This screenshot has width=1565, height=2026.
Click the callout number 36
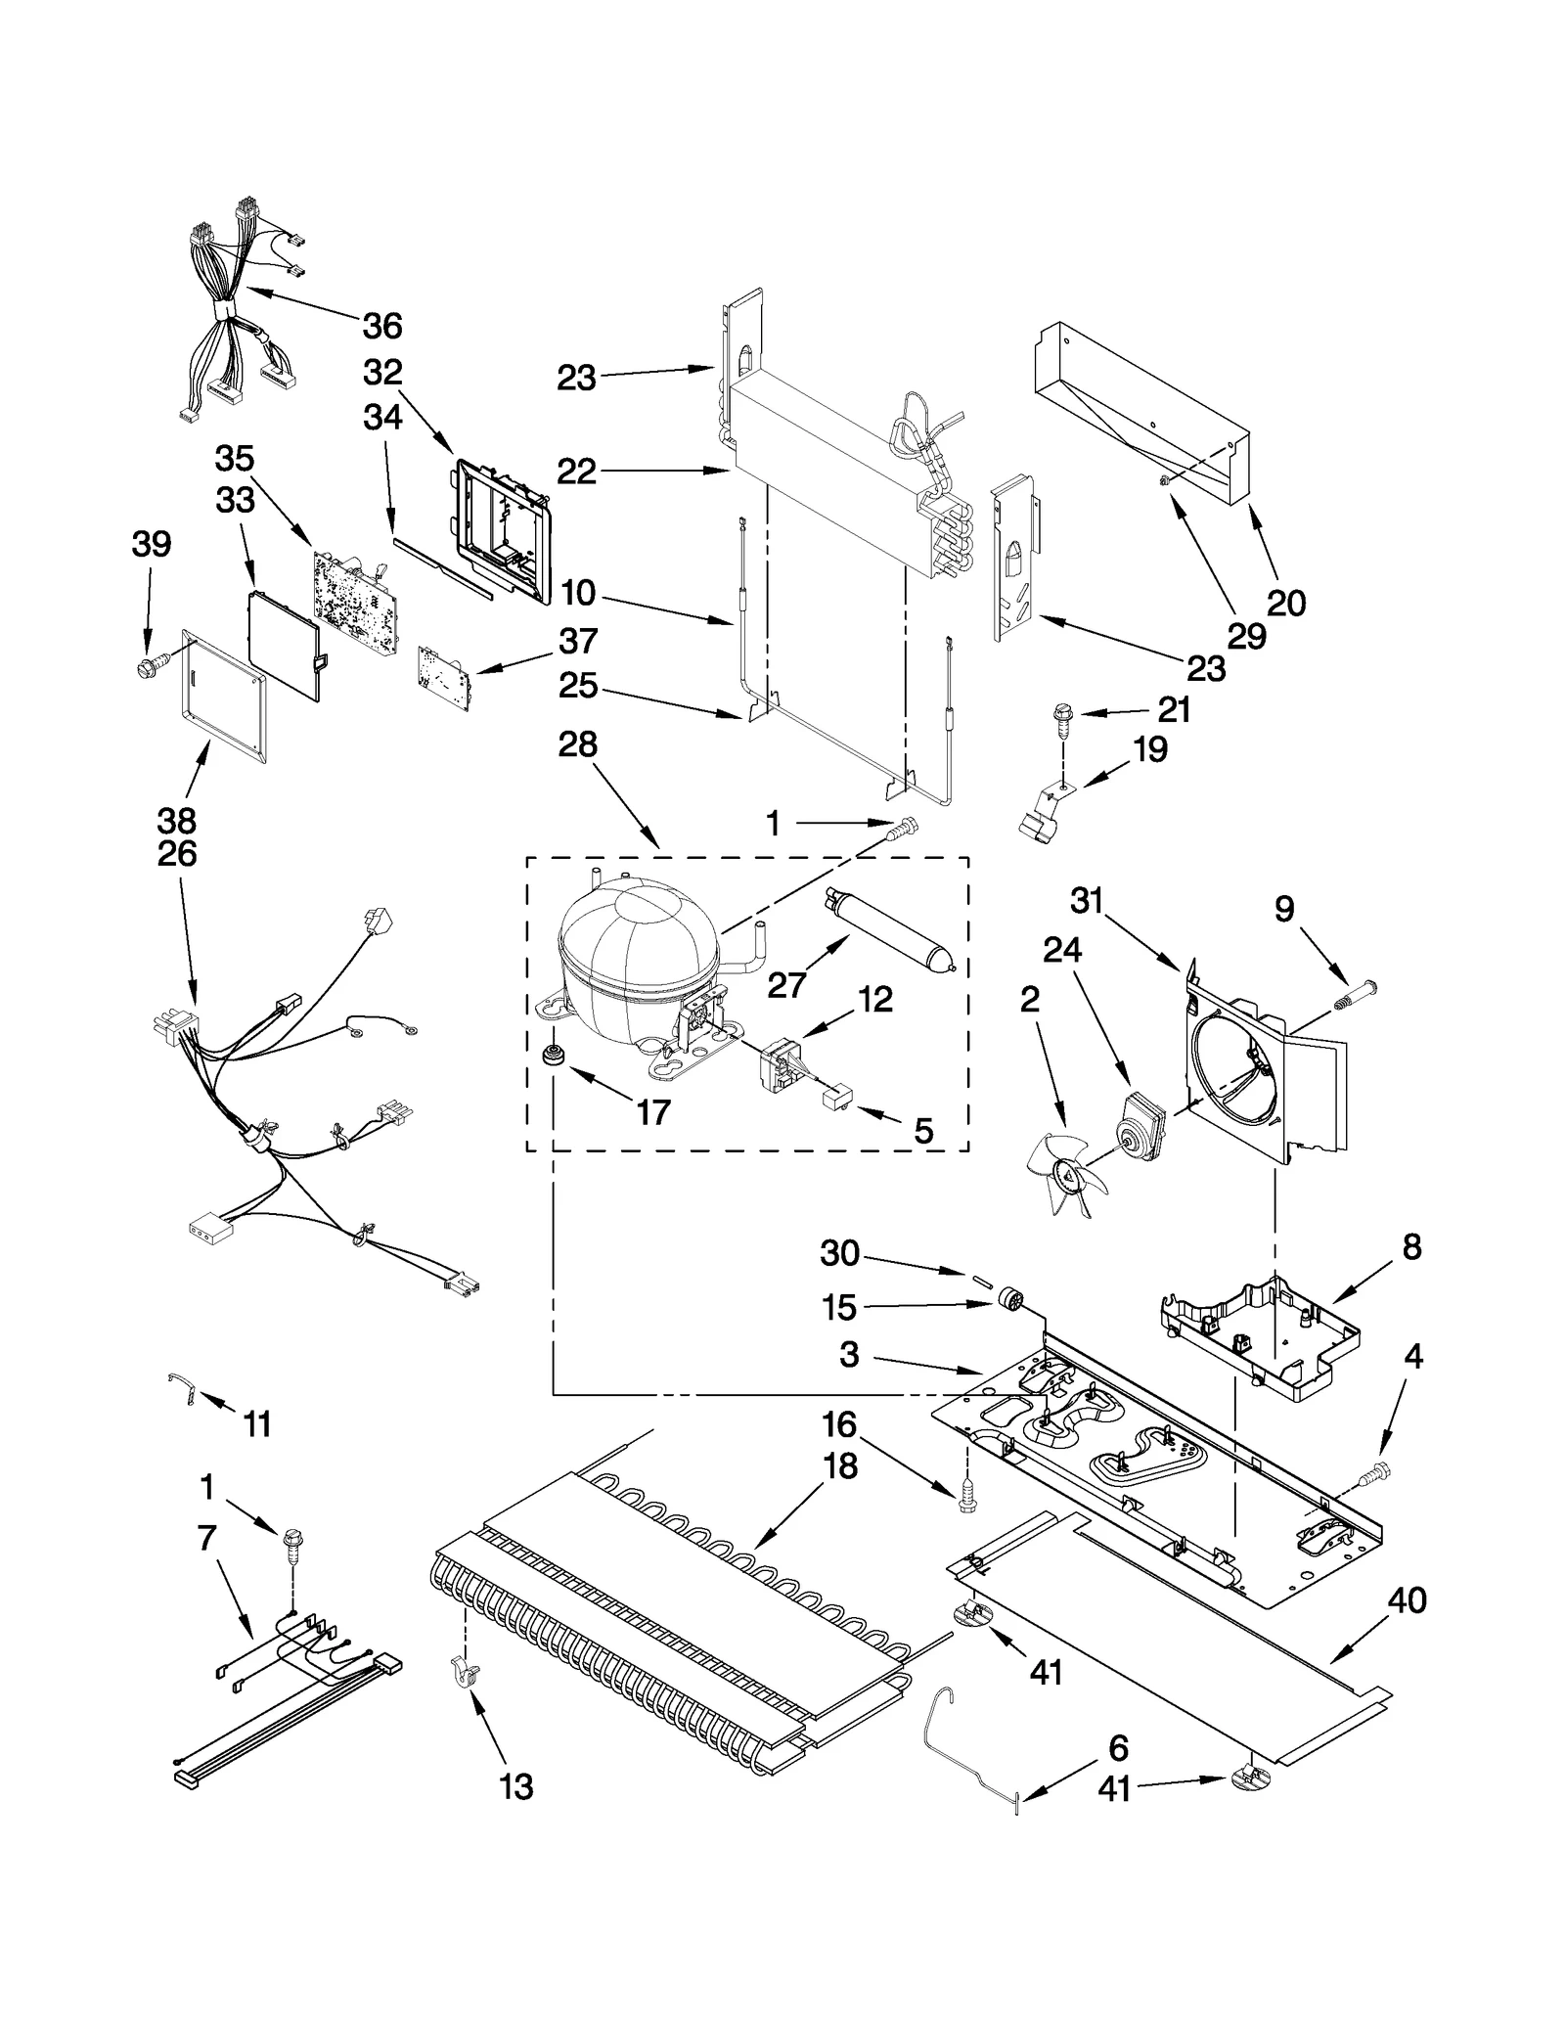click(x=382, y=325)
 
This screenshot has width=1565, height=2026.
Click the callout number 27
click(x=786, y=985)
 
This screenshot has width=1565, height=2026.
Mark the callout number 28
click(x=577, y=744)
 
